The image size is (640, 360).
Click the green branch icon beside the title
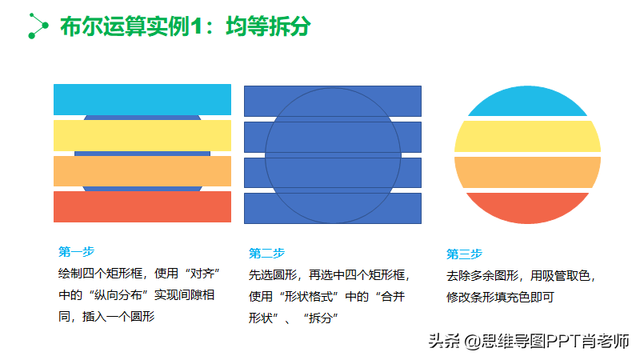(38, 26)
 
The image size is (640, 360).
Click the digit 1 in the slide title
(197, 26)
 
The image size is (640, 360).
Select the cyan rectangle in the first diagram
(142, 99)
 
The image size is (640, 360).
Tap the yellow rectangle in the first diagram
(142, 135)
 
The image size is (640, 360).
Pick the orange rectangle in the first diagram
(142, 171)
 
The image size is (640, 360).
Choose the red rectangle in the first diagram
(142, 207)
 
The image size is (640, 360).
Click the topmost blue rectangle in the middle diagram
(333, 102)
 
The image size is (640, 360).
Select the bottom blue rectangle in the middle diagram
(333, 209)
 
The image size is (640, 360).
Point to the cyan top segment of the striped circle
(527, 102)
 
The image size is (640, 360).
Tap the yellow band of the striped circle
(527, 136)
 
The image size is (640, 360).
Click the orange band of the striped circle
(527, 172)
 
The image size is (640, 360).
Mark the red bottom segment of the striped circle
(527, 208)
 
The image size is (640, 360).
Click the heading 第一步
(76, 251)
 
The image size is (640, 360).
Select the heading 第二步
(267, 253)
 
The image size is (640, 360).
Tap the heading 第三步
(465, 254)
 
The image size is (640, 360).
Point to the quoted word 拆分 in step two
(321, 318)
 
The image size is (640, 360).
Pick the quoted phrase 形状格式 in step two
(309, 296)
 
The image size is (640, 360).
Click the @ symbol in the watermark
(472, 342)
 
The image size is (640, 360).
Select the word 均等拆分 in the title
(268, 26)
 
